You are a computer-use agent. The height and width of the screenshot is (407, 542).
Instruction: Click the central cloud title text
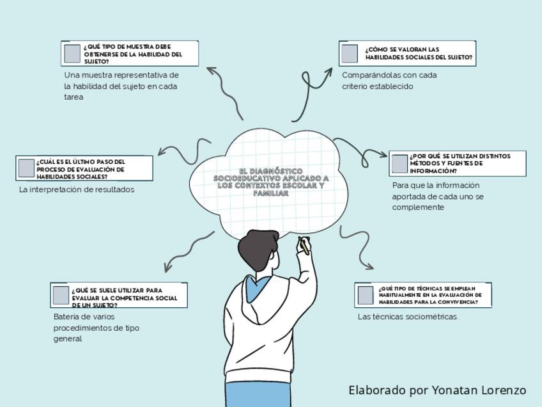point(270,182)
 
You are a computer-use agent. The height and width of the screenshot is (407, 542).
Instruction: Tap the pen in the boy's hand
point(305,246)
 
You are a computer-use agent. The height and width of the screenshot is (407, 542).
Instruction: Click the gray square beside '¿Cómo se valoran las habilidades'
point(350,54)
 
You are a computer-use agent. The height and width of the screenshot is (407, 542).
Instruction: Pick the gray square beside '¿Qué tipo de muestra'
point(72,54)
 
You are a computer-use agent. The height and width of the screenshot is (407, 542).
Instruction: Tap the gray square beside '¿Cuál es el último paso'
point(26,168)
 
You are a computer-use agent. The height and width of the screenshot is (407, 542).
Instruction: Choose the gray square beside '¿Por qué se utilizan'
point(399,164)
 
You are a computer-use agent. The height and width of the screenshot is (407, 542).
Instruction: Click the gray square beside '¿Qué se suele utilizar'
point(61,295)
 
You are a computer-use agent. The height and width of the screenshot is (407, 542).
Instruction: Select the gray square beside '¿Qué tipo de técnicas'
point(366,295)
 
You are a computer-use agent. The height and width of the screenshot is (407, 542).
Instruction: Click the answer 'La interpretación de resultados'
point(77,189)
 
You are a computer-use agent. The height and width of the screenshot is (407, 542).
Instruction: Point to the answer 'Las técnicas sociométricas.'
point(408,316)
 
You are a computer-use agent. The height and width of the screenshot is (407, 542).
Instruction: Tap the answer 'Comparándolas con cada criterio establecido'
point(389,81)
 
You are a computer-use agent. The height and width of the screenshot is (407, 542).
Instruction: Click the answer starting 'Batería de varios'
point(96,328)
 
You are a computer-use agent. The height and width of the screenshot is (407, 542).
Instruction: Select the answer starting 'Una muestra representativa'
point(121,86)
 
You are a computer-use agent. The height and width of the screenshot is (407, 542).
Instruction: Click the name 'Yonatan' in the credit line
point(454,390)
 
